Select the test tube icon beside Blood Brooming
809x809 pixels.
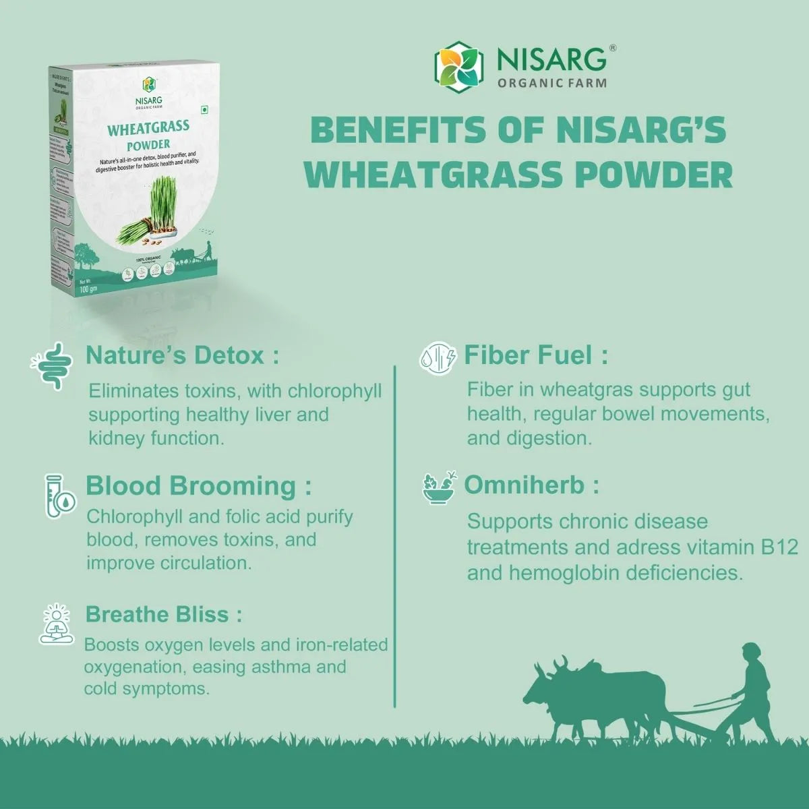[59, 496]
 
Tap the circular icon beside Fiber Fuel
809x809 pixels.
[438, 358]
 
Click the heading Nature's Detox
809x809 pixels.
[182, 355]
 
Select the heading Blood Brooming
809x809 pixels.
[199, 485]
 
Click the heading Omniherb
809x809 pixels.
[531, 485]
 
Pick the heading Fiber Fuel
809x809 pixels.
[536, 355]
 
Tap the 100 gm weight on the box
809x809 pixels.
[89, 289]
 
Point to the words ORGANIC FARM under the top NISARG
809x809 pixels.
[551, 84]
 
